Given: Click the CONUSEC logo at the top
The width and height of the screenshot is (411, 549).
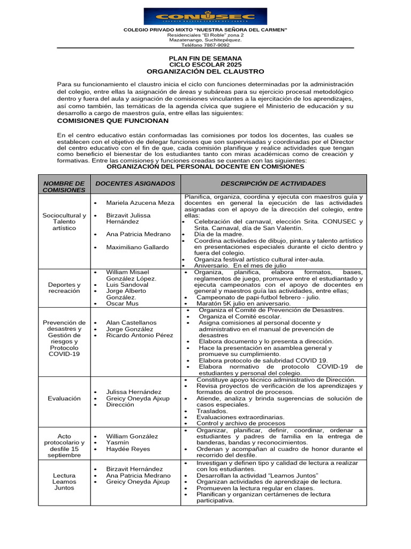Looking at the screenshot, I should point(205,16).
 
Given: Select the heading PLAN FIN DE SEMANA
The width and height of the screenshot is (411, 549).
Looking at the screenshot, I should point(205,58).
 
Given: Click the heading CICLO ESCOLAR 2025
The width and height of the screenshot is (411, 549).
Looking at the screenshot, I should point(205,64).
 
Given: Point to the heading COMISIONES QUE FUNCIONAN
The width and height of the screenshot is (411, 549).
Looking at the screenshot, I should point(113,121).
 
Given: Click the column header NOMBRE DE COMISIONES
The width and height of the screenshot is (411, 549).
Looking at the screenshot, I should point(64,187).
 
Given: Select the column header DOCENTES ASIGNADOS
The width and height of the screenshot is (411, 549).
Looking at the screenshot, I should point(135,183).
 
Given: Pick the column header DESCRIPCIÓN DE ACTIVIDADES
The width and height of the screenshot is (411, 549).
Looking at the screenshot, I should point(273,183).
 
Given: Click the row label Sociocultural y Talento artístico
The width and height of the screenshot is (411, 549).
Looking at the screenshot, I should point(64,221).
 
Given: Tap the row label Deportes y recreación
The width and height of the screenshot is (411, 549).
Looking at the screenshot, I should point(64,287).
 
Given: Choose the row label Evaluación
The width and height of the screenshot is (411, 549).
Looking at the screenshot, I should point(64,398).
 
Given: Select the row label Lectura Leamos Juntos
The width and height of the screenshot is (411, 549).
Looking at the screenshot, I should point(64,481).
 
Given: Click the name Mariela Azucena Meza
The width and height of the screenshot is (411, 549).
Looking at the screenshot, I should point(140,203).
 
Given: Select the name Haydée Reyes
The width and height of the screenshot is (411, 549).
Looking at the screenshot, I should point(128,449).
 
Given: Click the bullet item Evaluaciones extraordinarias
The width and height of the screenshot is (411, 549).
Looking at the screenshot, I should point(240,417).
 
